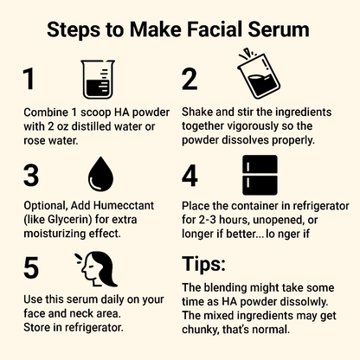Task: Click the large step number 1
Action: pyautogui.click(x=29, y=79)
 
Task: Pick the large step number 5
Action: pyautogui.click(x=31, y=268)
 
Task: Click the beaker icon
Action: pyautogui.click(x=97, y=79)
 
